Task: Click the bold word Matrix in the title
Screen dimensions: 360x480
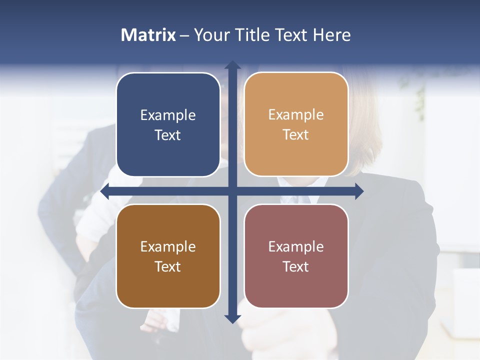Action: (148, 35)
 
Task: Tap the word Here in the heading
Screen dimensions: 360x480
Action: (332, 35)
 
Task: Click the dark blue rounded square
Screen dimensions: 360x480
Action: (168, 124)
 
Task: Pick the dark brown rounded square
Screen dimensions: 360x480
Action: (168, 256)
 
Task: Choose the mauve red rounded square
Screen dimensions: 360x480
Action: (296, 256)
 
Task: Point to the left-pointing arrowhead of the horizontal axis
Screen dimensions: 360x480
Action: (105, 191)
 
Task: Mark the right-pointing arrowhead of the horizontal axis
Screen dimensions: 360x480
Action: (358, 191)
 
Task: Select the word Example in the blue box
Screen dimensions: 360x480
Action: (168, 115)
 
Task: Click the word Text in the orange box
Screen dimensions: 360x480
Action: (296, 135)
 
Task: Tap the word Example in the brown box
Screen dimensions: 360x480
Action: (168, 247)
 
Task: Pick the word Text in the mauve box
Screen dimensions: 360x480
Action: (296, 267)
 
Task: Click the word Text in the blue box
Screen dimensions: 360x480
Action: (168, 135)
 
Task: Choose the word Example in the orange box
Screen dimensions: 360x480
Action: (296, 115)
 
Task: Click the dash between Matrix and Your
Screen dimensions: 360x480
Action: (184, 35)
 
